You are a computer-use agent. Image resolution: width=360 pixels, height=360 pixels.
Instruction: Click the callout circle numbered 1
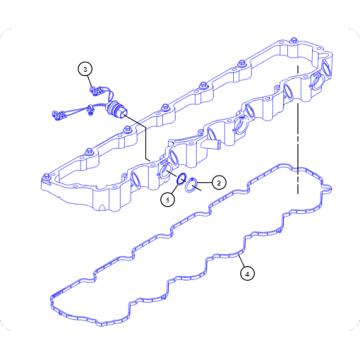(x=168, y=198)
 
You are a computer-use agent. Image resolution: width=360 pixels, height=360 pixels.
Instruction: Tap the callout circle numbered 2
(x=218, y=183)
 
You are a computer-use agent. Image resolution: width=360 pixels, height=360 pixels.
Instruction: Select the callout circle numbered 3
(x=86, y=68)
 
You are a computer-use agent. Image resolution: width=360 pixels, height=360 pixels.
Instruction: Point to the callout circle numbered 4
(x=247, y=270)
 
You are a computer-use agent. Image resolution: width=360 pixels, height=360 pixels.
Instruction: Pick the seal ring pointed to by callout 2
(x=195, y=183)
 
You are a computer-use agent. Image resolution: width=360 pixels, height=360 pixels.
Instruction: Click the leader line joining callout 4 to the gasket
(x=240, y=254)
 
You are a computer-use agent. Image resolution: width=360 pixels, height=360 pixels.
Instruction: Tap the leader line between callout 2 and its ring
(x=206, y=183)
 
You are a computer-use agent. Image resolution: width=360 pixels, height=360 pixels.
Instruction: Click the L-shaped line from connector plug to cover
(x=145, y=140)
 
